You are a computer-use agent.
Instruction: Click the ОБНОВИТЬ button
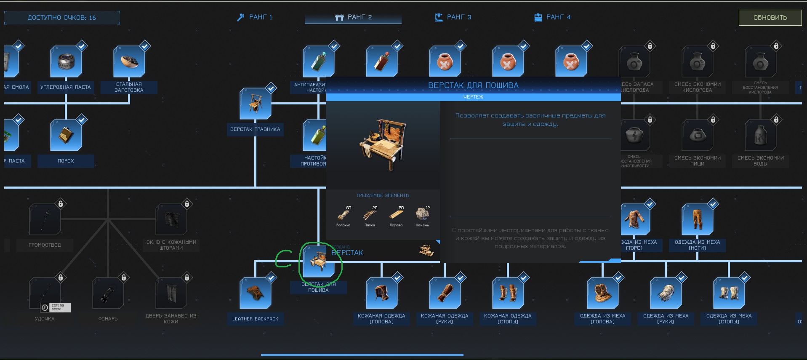tap(770, 18)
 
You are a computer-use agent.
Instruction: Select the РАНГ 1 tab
tap(255, 17)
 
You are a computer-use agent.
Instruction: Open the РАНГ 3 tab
tap(453, 17)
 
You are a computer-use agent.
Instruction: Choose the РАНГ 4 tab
tap(552, 17)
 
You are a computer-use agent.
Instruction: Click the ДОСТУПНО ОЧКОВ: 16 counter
tap(62, 18)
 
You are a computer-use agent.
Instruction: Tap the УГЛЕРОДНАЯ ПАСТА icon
tap(66, 62)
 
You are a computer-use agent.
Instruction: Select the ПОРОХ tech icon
tap(66, 136)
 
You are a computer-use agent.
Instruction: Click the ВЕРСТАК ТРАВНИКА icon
tap(256, 104)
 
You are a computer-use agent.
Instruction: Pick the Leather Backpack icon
tap(256, 293)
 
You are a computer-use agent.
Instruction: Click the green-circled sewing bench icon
tap(319, 261)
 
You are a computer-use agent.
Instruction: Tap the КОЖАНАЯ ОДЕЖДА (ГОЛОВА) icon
tap(382, 293)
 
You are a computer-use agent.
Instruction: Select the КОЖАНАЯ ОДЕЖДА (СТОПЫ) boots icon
tap(508, 293)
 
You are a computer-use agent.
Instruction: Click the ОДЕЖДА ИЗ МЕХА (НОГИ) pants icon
tap(698, 220)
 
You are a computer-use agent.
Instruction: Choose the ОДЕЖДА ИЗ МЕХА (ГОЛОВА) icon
tap(603, 293)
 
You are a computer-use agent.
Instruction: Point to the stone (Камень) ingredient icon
tap(422, 214)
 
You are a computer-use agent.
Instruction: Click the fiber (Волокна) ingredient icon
tap(343, 215)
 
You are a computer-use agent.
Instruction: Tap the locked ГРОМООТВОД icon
tap(45, 220)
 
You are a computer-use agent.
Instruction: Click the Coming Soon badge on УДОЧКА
tap(55, 307)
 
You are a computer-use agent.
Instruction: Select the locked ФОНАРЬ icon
tap(108, 293)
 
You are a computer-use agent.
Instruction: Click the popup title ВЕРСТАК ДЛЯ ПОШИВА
tap(473, 85)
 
